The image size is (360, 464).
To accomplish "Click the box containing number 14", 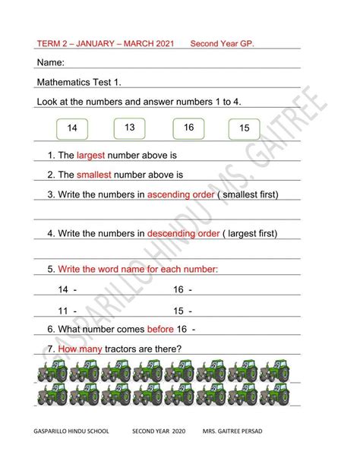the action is (72, 129).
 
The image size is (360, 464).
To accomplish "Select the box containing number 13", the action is (129, 128).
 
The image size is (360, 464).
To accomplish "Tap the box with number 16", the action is (188, 128).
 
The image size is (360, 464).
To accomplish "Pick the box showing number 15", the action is (244, 129).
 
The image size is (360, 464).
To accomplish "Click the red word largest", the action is (95, 155).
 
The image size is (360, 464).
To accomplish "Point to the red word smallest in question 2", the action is (97, 175).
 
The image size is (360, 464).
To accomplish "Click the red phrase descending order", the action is (182, 232).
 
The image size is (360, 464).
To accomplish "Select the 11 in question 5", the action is (63, 310).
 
